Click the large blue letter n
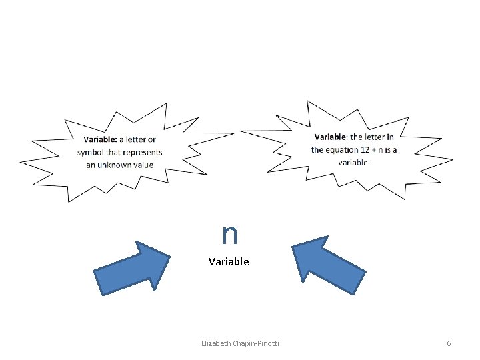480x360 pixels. coord(230,234)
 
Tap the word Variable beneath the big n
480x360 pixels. coord(229,262)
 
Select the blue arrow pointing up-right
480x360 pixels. coord(132,268)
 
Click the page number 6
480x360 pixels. coord(449,343)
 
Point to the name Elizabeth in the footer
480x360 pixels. coord(217,343)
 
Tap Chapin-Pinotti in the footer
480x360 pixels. coord(257,343)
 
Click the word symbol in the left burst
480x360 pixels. coord(89,152)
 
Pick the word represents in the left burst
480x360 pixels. coord(145,152)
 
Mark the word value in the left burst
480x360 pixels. coord(143,165)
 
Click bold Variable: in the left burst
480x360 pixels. coord(101,139)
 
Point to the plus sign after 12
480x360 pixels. coord(375,149)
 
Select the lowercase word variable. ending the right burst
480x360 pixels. coord(353,162)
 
